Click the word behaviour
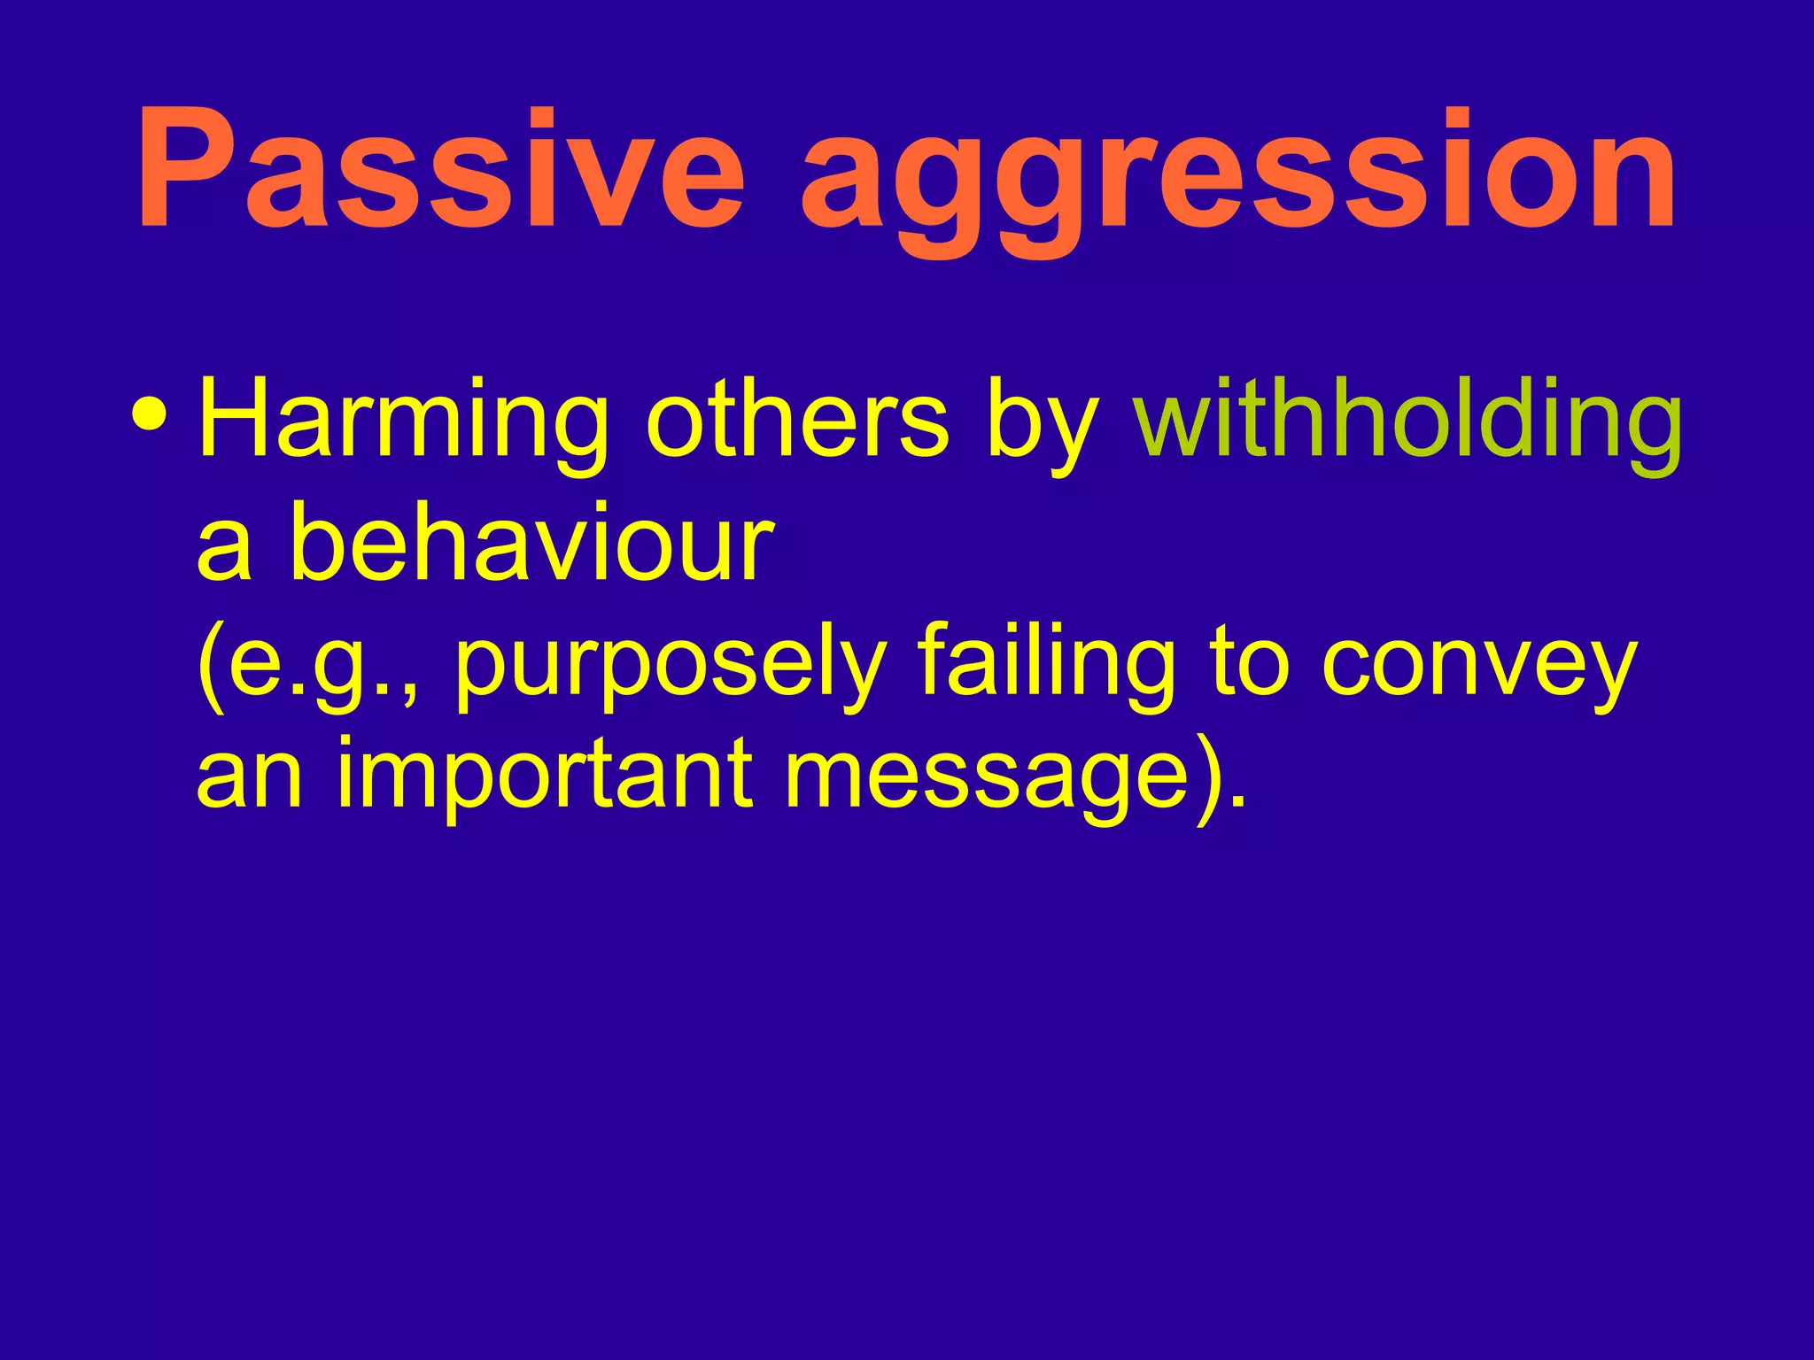pos(532,540)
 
